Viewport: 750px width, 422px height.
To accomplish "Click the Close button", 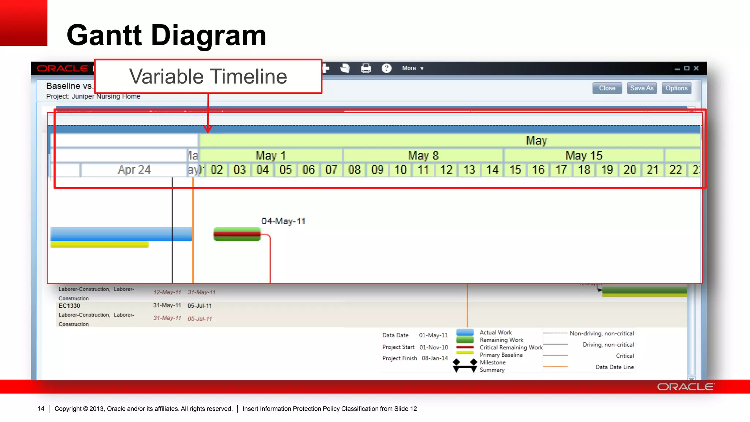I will pyautogui.click(x=607, y=88).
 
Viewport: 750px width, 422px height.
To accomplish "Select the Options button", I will pyautogui.click(x=676, y=88).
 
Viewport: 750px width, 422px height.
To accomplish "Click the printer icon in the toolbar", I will pyautogui.click(x=366, y=69).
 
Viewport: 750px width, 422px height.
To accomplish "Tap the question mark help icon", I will pyautogui.click(x=386, y=69).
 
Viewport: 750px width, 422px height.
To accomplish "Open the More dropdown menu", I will pyautogui.click(x=412, y=69).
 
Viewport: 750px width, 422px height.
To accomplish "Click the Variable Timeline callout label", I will pyautogui.click(x=208, y=77).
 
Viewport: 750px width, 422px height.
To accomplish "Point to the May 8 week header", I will pyautogui.click(x=423, y=156).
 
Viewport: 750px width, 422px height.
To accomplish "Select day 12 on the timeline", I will pyautogui.click(x=446, y=170).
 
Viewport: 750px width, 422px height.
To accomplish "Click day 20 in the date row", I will pyautogui.click(x=630, y=170).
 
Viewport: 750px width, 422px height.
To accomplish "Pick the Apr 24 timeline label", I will pyautogui.click(x=134, y=170).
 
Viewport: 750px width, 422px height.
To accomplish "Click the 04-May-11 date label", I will pyautogui.click(x=283, y=221).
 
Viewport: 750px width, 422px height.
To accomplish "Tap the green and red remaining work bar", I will pyautogui.click(x=237, y=234).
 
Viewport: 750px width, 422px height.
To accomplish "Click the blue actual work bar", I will pyautogui.click(x=121, y=234).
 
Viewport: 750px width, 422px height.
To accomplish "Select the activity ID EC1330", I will pyautogui.click(x=69, y=306).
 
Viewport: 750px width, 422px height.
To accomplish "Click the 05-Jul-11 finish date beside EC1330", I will pyautogui.click(x=200, y=306).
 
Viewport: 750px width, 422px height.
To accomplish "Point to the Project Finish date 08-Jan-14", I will pyautogui.click(x=435, y=358).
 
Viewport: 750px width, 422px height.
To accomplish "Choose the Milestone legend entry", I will pyautogui.click(x=493, y=363).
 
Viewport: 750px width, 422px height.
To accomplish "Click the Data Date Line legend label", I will pyautogui.click(x=615, y=367).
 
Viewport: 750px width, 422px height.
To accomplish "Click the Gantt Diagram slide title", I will pyautogui.click(x=166, y=36).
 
